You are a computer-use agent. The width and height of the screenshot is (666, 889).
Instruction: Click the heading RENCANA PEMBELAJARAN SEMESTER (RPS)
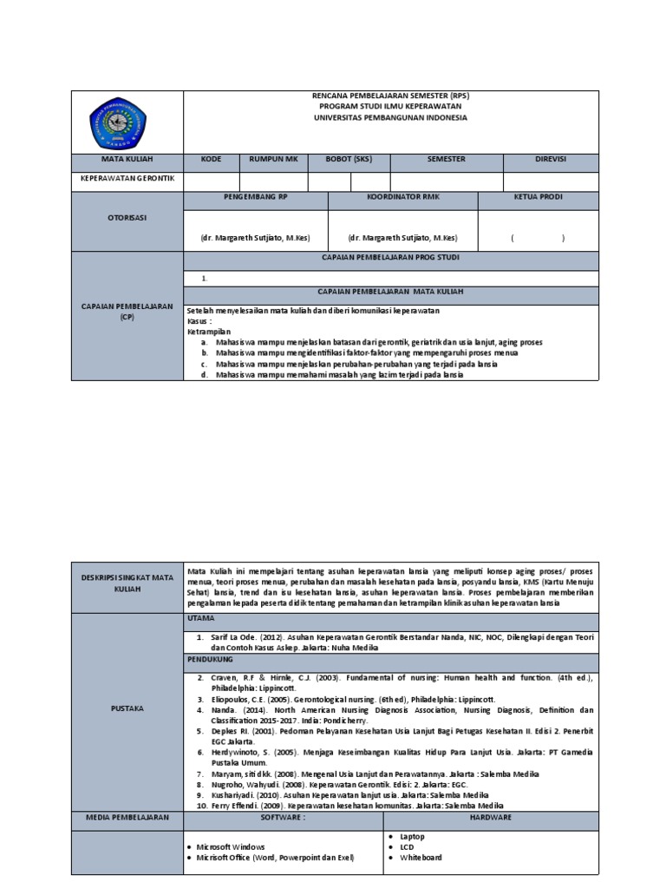point(390,96)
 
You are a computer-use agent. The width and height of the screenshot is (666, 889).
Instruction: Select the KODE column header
point(212,160)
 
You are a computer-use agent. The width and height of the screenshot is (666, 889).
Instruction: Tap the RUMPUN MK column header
point(273,160)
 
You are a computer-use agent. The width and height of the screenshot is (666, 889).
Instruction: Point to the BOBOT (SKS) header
point(349,160)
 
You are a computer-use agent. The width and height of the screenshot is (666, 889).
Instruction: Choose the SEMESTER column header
point(446,160)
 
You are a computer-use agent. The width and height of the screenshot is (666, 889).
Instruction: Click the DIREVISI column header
point(550,160)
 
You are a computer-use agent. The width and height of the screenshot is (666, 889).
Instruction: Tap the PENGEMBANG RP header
point(255,198)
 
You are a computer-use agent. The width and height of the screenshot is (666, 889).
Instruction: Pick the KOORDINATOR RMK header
point(402,198)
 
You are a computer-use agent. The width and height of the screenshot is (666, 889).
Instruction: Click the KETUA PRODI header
point(538,198)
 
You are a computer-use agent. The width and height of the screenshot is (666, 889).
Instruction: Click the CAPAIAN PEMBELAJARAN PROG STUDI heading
point(390,258)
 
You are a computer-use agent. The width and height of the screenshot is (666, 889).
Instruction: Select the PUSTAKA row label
point(127,708)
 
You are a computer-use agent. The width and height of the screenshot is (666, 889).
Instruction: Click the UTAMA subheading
point(200,618)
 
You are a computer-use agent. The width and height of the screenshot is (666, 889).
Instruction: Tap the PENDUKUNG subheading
point(208,660)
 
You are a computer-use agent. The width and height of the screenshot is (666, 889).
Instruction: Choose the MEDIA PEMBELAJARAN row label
point(127,818)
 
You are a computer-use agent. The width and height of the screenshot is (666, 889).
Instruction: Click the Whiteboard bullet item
point(421,858)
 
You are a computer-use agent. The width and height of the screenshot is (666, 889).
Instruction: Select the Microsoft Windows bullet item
point(230,846)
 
